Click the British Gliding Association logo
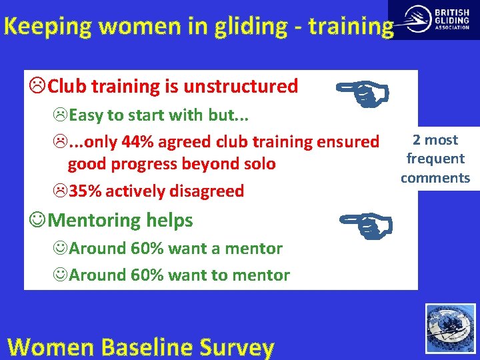pyautogui.click(x=433, y=19)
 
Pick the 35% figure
pyautogui.click(x=85, y=191)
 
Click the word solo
pyautogui.click(x=257, y=164)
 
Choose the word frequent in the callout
pyautogui.click(x=435, y=159)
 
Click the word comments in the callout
pyautogui.click(x=435, y=177)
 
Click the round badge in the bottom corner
pyautogui.click(x=451, y=328)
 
